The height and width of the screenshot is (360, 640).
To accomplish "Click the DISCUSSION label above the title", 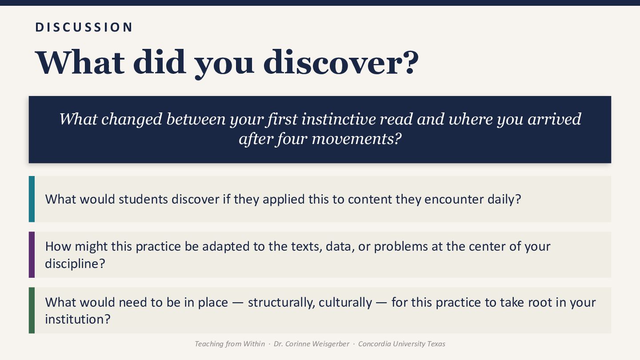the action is pos(84,28).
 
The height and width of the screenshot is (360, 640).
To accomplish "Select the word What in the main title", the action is pos(80,62).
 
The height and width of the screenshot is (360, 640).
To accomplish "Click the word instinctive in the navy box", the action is pos(339,119).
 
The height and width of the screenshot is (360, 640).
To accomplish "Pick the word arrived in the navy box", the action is pos(554,119).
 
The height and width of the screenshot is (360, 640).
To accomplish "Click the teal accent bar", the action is pos(32,199).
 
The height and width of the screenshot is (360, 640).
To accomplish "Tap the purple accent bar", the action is pos(32,255).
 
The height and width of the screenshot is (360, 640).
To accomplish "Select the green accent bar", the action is pos(32,310).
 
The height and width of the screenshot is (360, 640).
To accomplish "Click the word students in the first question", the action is pos(143,199).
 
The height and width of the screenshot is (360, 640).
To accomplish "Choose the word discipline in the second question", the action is pos(72,264).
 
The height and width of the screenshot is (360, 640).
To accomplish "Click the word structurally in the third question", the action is pos(281,302).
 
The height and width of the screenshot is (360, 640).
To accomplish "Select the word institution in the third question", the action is pos(75,319).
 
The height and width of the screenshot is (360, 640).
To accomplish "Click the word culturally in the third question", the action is pos(345,302).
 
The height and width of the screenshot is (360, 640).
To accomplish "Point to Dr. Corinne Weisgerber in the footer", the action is pos(312,344).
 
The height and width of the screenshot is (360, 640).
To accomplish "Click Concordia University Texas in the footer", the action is pos(402,344).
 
